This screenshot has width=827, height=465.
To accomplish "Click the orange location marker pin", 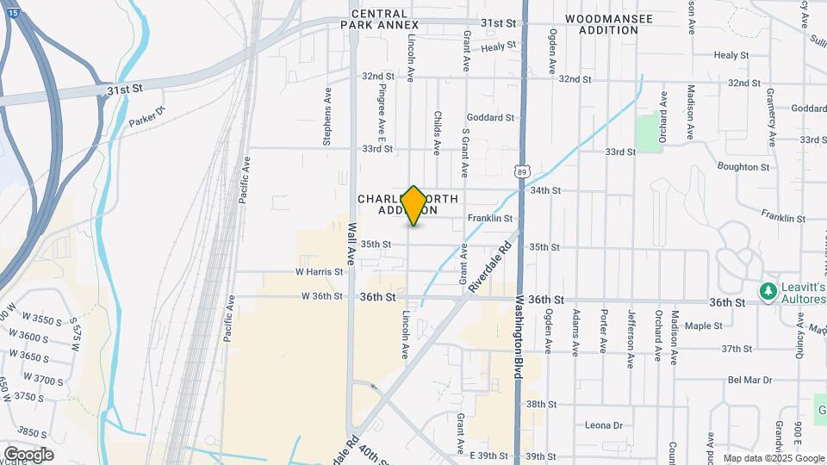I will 414,206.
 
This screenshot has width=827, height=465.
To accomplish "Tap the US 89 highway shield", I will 523,172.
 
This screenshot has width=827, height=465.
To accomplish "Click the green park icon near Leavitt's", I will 768,293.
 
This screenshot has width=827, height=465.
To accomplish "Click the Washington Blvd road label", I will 520,339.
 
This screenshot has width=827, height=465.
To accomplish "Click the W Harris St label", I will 319,271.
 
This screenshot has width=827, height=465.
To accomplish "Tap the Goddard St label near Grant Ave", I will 490,117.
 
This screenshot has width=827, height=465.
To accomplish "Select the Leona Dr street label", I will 603,425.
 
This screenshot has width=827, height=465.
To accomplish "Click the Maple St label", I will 704,325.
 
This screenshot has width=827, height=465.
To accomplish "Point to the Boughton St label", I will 742,167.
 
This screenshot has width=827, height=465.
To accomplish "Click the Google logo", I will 28,455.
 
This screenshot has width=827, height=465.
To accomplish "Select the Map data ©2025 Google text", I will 773,458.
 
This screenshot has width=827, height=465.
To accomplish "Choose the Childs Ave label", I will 437,132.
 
